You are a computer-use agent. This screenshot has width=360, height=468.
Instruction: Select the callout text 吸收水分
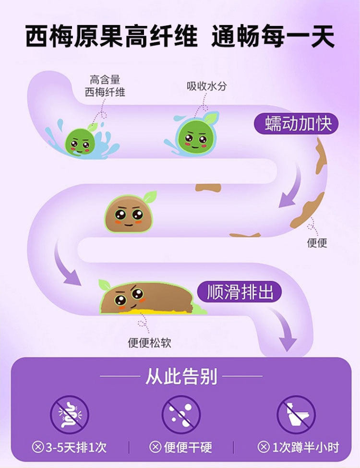[x=206, y=86]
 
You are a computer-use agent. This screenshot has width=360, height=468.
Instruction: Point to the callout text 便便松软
[x=149, y=343]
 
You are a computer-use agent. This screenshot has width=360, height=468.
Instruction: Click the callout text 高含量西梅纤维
[x=105, y=85]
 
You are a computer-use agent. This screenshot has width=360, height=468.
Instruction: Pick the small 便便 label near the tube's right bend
[x=317, y=243]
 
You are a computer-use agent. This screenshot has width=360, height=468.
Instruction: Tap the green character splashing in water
[x=80, y=141]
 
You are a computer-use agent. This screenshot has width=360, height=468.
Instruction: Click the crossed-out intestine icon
[x=70, y=414]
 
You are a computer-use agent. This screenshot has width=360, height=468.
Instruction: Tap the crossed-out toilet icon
[x=296, y=414]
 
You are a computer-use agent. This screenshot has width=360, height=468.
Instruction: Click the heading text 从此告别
[x=181, y=377]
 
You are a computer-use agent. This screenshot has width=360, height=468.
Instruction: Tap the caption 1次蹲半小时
[x=305, y=447]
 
